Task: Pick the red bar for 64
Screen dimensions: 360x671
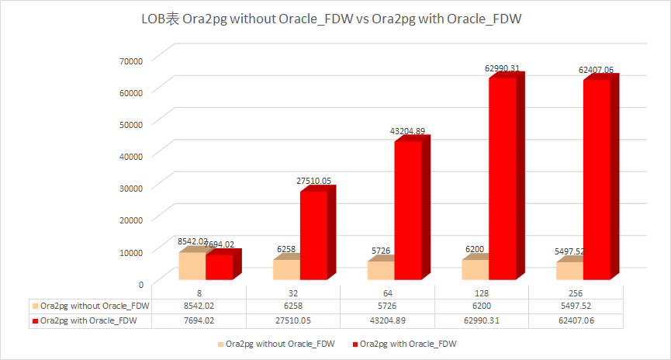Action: [x=407, y=209]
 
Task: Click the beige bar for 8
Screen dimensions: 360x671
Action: [x=192, y=265]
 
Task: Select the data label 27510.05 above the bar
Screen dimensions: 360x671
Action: [x=313, y=181]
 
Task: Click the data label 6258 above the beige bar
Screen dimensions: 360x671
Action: [x=287, y=249]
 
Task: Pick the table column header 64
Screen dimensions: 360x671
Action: [x=388, y=292]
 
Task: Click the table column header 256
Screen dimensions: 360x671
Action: [x=576, y=292]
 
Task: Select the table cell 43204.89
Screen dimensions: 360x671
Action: [x=388, y=319]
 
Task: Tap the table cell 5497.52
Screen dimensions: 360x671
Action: [x=576, y=306]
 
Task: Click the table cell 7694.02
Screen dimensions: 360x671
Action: [x=199, y=319]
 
